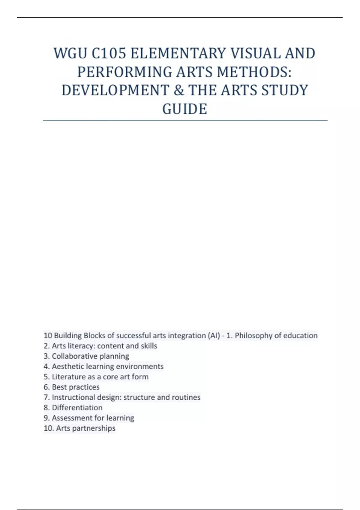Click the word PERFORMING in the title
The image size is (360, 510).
point(124,72)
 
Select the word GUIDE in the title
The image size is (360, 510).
point(185,109)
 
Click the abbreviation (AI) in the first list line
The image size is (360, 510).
point(214,335)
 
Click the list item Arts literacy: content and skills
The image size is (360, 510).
point(100,346)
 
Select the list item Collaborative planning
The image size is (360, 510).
point(86,356)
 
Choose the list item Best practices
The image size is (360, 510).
point(71,387)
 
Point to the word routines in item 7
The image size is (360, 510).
point(186,397)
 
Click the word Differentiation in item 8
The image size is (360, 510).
point(77,407)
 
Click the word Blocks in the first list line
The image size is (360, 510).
point(94,335)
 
